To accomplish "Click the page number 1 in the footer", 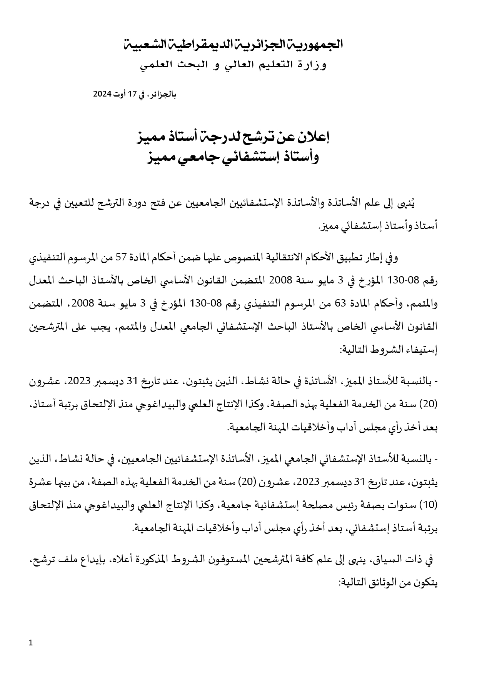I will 31,643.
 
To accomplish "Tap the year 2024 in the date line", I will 102,94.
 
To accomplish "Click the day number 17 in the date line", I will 132,94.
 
